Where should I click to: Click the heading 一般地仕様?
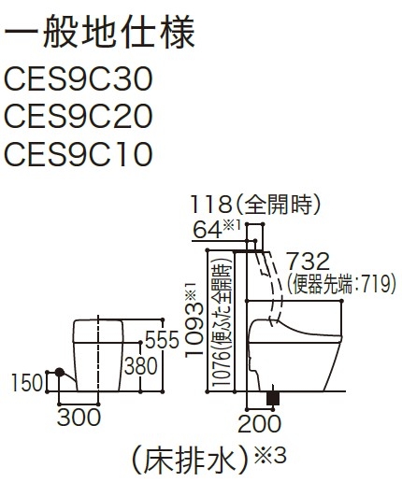[x=99, y=31]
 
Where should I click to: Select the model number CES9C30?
[x=79, y=79]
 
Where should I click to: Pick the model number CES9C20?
[x=79, y=117]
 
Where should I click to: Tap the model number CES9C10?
[x=79, y=154]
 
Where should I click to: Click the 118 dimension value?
[x=211, y=205]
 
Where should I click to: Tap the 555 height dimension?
[x=162, y=340]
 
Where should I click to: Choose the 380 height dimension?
[x=141, y=366]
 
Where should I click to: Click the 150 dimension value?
[x=27, y=383]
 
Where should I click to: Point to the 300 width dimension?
[x=79, y=418]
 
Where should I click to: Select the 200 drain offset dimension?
[x=259, y=424]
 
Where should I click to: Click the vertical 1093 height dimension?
[x=194, y=331]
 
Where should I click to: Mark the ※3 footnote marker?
[x=270, y=456]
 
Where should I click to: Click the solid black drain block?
[x=273, y=398]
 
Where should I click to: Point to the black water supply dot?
[x=60, y=372]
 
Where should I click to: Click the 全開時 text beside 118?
[x=278, y=205]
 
